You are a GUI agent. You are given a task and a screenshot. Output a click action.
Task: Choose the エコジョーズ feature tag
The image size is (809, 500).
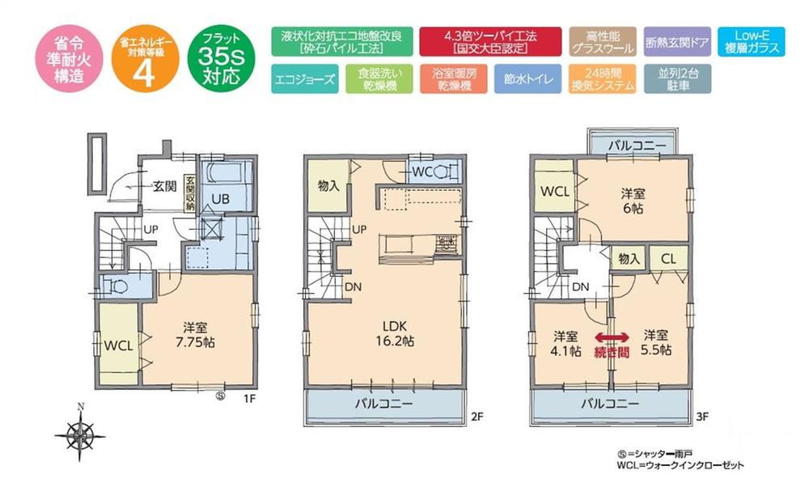tap(299, 79)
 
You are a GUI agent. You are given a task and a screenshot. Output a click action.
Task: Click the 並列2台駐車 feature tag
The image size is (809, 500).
tap(678, 79)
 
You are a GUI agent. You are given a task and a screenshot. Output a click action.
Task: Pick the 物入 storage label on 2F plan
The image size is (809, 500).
tap(328, 185)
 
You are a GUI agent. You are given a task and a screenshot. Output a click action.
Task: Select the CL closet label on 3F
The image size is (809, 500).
tap(669, 259)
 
